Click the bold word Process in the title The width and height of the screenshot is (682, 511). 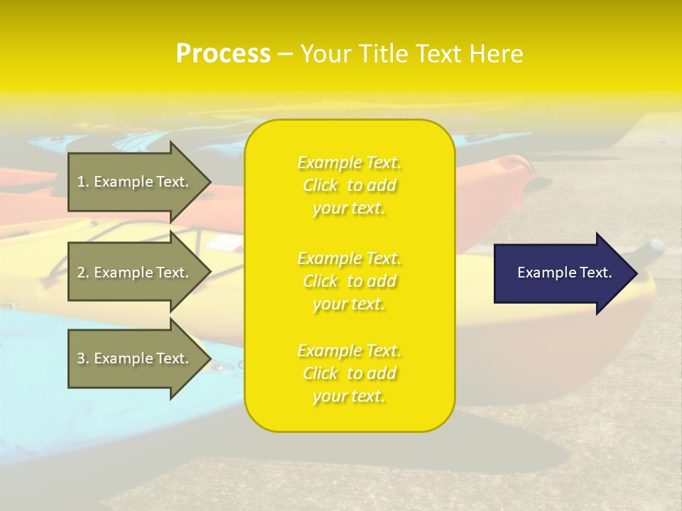pyautogui.click(x=223, y=54)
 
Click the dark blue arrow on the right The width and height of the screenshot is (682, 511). pyautogui.click(x=561, y=273)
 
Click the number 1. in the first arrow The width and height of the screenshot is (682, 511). pyautogui.click(x=83, y=182)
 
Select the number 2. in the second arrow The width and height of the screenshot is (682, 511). pyautogui.click(x=83, y=273)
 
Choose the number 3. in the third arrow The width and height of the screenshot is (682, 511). pyautogui.click(x=83, y=358)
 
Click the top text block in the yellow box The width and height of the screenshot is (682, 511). pyautogui.click(x=349, y=185)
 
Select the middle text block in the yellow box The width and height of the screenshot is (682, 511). pyautogui.click(x=349, y=281)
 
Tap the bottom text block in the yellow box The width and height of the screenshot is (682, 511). pyautogui.click(x=349, y=373)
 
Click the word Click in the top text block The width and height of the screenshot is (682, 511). pyautogui.click(x=320, y=186)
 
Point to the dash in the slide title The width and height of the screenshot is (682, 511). pyautogui.click(x=285, y=54)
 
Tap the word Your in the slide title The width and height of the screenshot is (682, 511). pyautogui.click(x=324, y=54)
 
